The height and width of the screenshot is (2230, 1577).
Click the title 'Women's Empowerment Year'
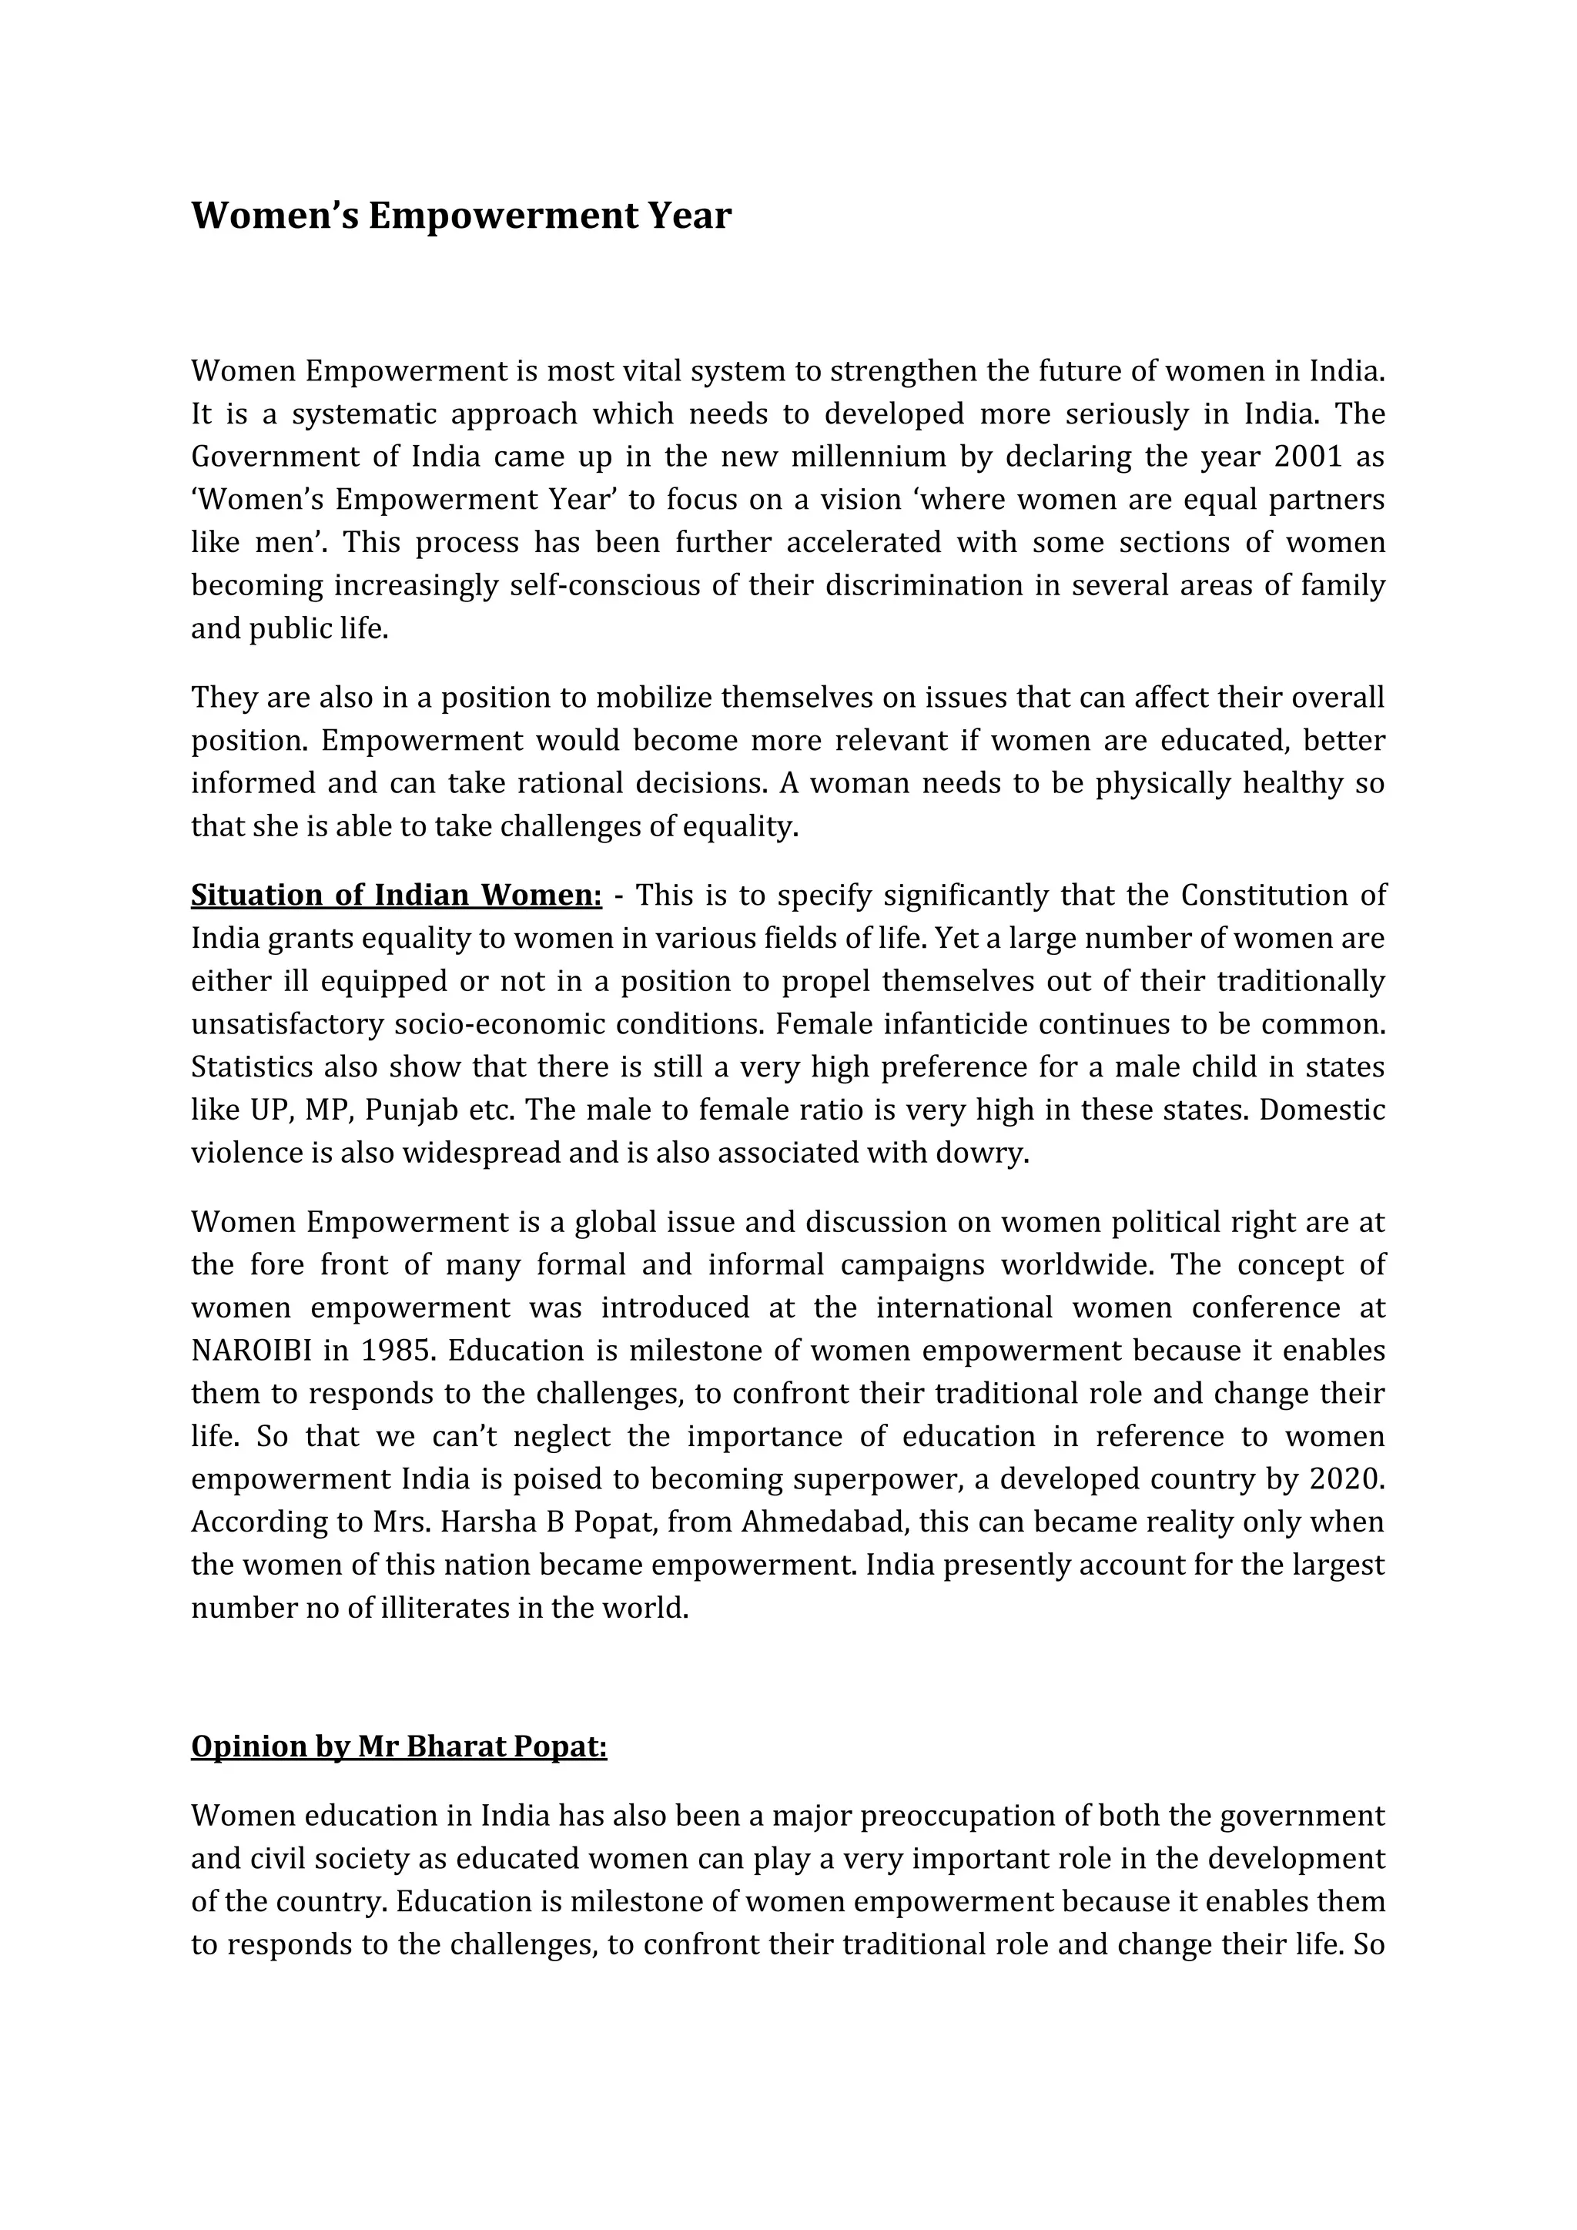(x=460, y=216)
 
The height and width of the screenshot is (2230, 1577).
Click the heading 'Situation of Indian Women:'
(x=397, y=895)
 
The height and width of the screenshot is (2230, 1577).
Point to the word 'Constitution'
(x=1260, y=895)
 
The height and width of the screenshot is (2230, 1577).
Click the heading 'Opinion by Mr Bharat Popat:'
(x=398, y=1746)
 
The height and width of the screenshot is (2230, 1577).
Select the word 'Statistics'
(x=253, y=1066)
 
